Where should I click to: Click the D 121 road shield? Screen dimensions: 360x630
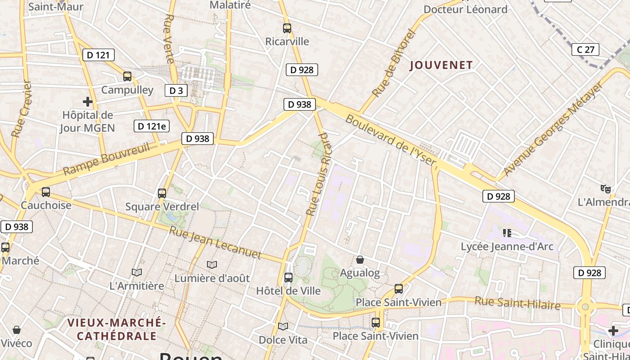pyautogui.click(x=98, y=55)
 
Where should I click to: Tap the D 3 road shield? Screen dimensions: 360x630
pyautogui.click(x=176, y=90)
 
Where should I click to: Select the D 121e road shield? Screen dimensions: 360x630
pyautogui.click(x=152, y=126)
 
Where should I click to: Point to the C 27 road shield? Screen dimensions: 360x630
pyautogui.click(x=585, y=49)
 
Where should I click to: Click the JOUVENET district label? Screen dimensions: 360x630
pyautogui.click(x=441, y=65)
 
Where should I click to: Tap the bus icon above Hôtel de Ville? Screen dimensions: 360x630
pyautogui.click(x=288, y=278)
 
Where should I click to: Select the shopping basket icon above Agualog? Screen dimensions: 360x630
pyautogui.click(x=360, y=260)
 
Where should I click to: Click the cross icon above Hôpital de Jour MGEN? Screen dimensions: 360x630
pyautogui.click(x=88, y=102)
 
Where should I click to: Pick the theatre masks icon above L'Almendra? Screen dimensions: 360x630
pyautogui.click(x=606, y=189)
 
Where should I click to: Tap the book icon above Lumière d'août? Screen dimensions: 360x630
pyautogui.click(x=211, y=265)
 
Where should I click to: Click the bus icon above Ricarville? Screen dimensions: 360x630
pyautogui.click(x=287, y=28)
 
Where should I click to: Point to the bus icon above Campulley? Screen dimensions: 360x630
pyautogui.click(x=127, y=76)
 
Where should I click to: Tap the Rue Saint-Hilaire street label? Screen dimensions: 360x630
pyautogui.click(x=517, y=303)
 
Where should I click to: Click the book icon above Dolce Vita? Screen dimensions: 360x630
pyautogui.click(x=283, y=326)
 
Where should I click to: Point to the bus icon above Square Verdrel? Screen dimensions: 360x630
pyautogui.click(x=162, y=193)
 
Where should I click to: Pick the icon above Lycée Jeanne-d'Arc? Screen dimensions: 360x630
pyautogui.click(x=507, y=233)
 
